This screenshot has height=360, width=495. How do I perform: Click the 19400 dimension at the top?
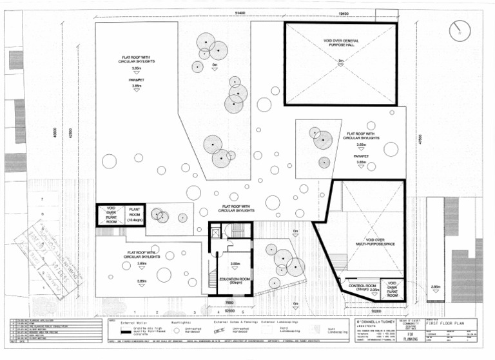342,12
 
